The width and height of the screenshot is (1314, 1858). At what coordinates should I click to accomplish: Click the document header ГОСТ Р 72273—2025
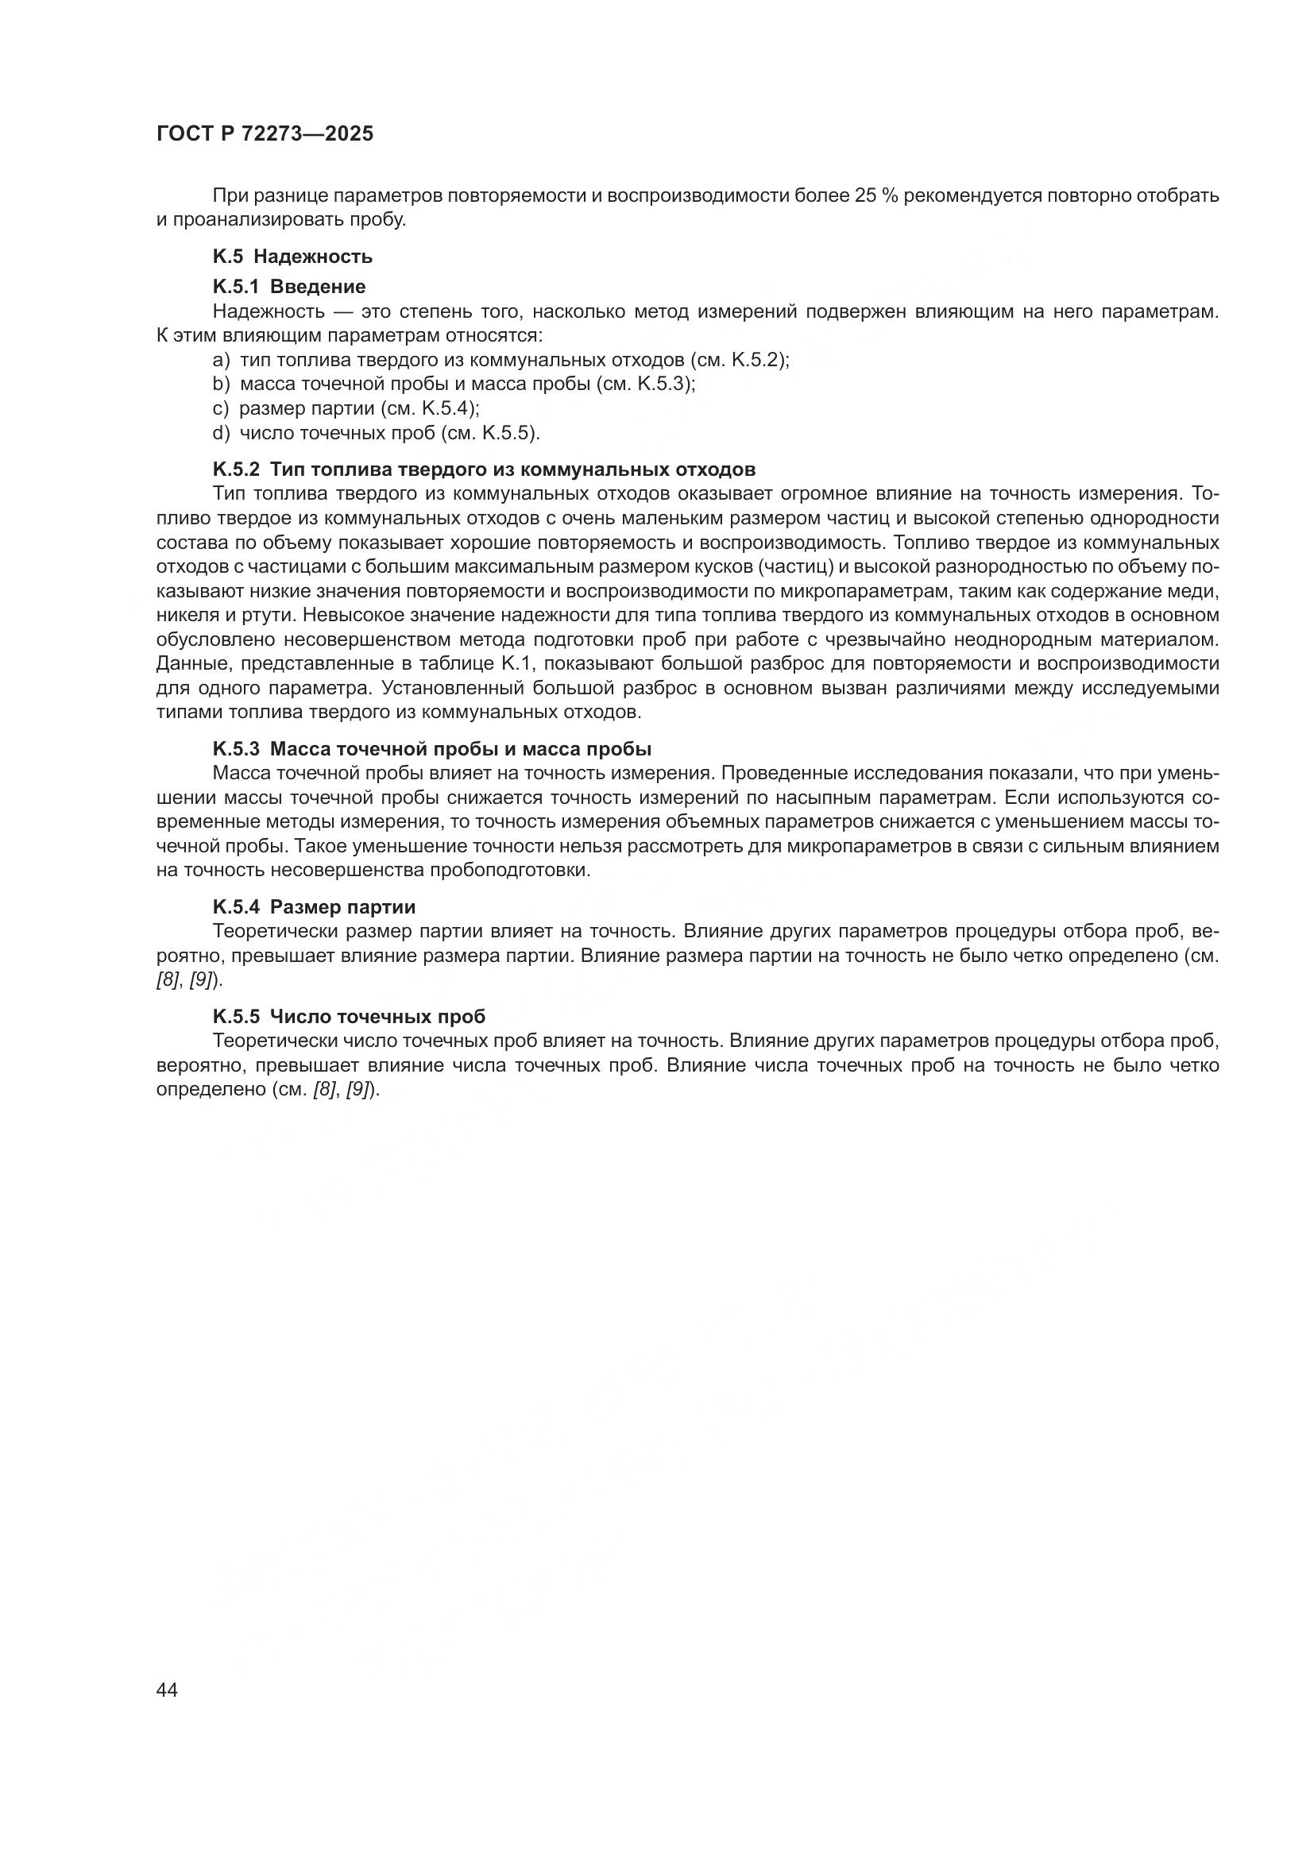click(x=265, y=133)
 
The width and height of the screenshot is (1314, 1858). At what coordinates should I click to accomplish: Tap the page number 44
click(x=168, y=1690)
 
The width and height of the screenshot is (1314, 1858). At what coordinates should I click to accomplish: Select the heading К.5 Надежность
click(x=292, y=257)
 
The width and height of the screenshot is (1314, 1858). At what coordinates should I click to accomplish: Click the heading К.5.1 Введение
click(x=289, y=287)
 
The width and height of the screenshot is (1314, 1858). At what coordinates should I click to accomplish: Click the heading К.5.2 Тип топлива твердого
click(x=484, y=470)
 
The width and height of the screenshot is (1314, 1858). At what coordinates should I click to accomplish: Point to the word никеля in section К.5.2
click(x=181, y=616)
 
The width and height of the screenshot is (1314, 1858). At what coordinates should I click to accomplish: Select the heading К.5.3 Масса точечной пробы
click(x=432, y=748)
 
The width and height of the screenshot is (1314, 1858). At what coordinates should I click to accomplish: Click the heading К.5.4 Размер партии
click(x=314, y=907)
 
